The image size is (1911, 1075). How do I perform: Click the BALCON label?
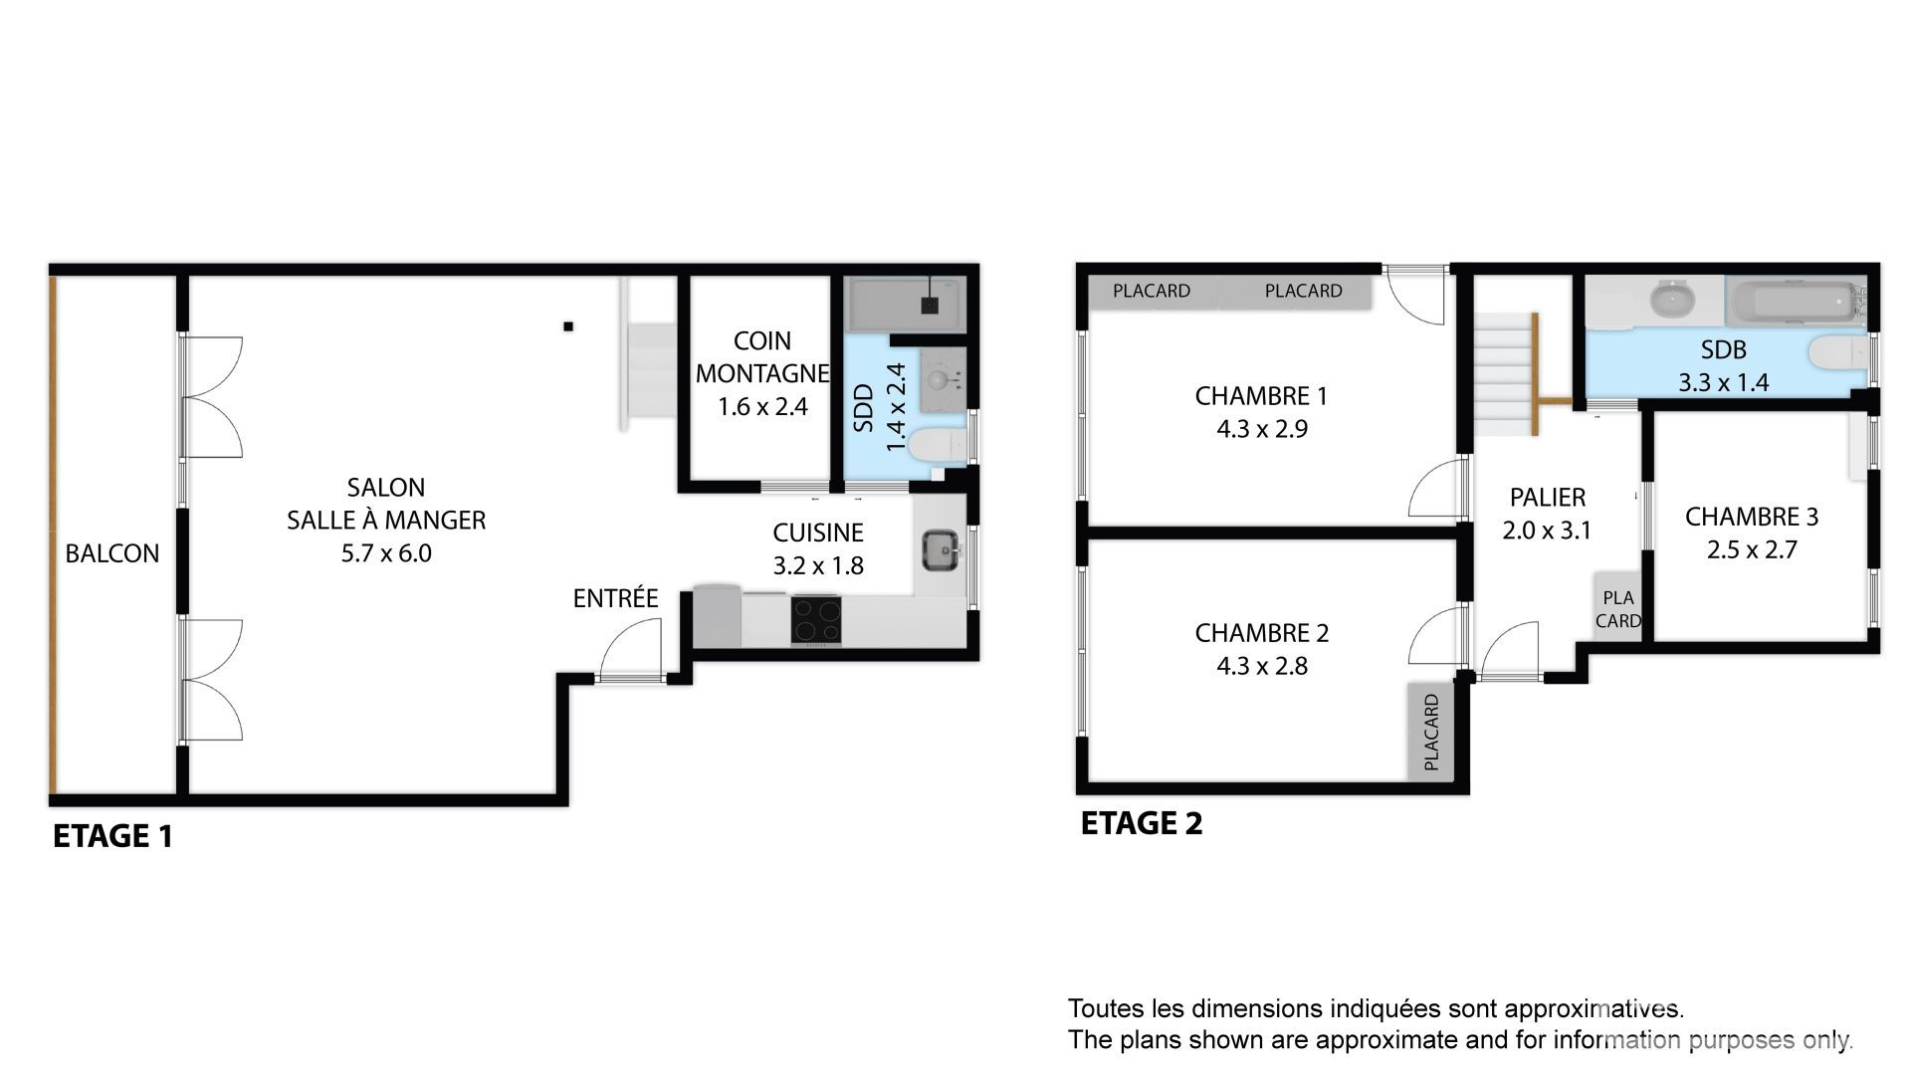coord(112,553)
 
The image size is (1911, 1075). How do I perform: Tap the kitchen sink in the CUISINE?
coord(941,550)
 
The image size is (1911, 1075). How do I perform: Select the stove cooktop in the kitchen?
coord(816,620)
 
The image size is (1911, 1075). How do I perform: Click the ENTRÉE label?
coord(615,598)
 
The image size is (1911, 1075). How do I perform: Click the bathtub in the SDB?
coord(1794,302)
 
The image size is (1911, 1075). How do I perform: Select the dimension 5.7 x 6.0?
coord(386,553)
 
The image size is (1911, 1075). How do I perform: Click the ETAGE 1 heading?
coord(112,836)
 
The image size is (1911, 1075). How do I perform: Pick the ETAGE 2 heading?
coord(1142,823)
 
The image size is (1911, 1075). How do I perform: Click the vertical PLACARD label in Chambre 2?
coord(1431,733)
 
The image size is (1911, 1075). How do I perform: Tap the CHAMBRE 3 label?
coord(1752,517)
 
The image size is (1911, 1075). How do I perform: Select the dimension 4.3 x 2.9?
coord(1261,429)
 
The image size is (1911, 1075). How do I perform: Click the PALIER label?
coord(1547,498)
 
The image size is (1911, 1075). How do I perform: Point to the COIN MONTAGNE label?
coord(762,356)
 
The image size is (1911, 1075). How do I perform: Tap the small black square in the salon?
coord(568,325)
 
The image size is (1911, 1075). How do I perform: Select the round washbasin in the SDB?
coord(1667,300)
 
